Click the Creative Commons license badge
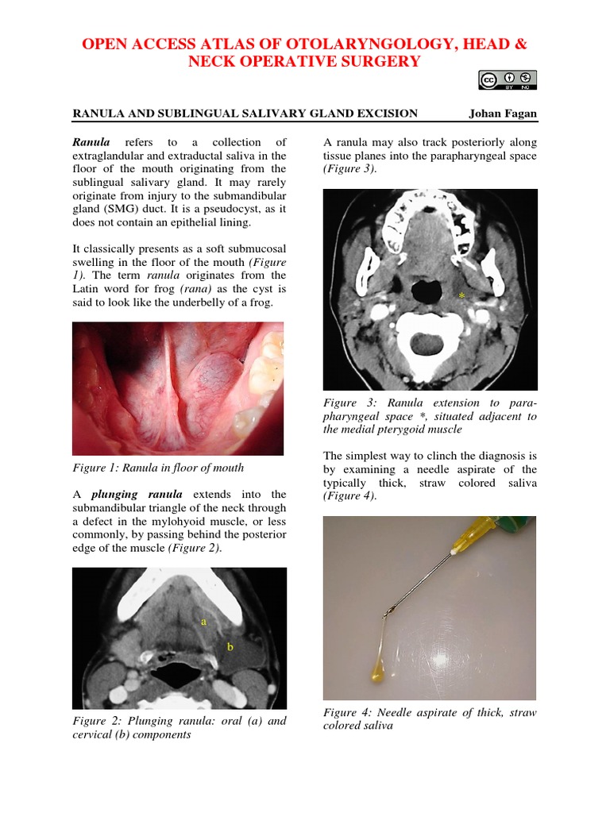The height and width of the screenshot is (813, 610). pos(508,79)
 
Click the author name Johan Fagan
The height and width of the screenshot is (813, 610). pos(503,114)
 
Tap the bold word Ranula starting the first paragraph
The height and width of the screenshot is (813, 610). pos(91,142)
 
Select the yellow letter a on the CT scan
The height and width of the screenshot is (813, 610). pos(203,622)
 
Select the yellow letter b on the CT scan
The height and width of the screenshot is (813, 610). pos(230,647)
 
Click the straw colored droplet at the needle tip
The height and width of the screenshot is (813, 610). pos(377,672)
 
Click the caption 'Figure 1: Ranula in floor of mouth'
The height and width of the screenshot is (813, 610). pos(158,468)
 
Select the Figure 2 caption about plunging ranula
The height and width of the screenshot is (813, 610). pos(179,728)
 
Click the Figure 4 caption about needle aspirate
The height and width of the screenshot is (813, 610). pos(430,719)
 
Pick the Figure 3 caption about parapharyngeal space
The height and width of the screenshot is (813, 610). pos(430,416)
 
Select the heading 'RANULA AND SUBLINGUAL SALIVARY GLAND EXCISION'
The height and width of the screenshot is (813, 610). pos(245,114)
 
